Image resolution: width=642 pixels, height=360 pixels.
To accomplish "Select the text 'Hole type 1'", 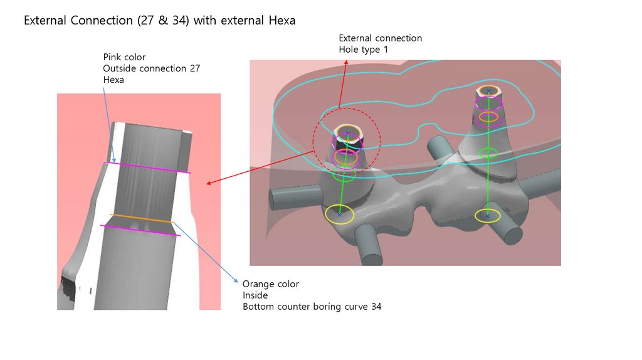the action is [364, 50].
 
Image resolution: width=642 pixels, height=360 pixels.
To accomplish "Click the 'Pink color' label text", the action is [125, 57].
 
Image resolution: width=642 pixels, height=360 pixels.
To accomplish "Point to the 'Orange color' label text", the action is [270, 284].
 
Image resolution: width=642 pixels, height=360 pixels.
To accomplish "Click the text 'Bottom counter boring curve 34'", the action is [312, 307].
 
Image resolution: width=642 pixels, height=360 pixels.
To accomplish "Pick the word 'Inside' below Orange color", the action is [255, 295].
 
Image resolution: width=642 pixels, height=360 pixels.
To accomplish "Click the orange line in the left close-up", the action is [141, 218].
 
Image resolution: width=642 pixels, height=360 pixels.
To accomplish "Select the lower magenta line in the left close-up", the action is [140, 230].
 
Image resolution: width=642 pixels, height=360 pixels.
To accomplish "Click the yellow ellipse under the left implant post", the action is [339, 214].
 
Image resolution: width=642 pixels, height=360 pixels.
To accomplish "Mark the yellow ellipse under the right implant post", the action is [487, 216].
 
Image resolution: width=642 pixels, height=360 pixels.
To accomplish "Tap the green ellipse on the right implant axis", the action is [488, 152].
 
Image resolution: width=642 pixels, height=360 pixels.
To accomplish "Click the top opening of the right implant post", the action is [488, 92].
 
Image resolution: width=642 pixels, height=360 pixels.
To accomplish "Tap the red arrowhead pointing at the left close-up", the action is [208, 183].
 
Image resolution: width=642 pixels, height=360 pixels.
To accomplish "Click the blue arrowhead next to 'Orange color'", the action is [236, 280].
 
